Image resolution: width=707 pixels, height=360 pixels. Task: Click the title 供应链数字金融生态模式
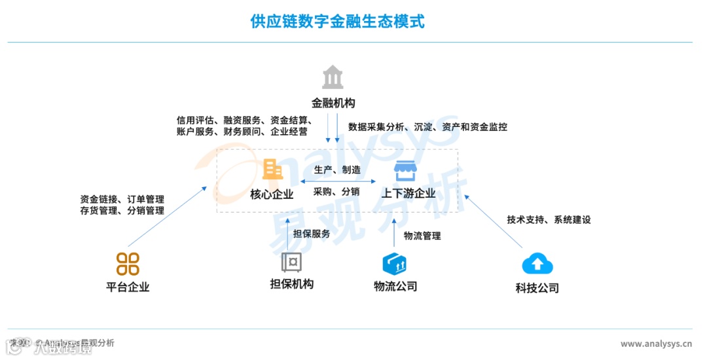point(337,22)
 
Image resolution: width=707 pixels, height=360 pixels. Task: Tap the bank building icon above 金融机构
point(333,78)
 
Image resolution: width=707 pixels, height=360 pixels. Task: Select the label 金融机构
point(333,103)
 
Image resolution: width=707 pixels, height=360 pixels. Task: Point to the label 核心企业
point(272,194)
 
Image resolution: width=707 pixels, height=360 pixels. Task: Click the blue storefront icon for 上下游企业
point(405,171)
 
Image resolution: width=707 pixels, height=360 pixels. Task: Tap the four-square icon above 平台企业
point(128,264)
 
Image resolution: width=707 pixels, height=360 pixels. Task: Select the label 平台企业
point(128,287)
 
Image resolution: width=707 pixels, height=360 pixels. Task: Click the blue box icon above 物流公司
point(395,263)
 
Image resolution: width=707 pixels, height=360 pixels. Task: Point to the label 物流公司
point(395,286)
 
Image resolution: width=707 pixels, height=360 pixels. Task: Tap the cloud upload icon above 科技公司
point(537,264)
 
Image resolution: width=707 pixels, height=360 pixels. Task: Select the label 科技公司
point(537,288)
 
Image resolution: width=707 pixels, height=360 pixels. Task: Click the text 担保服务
point(312,234)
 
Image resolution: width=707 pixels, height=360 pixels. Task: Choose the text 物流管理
point(422,236)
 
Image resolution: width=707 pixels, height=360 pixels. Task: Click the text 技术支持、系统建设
point(549,220)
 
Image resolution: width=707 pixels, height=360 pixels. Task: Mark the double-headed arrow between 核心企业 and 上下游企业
point(338,181)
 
